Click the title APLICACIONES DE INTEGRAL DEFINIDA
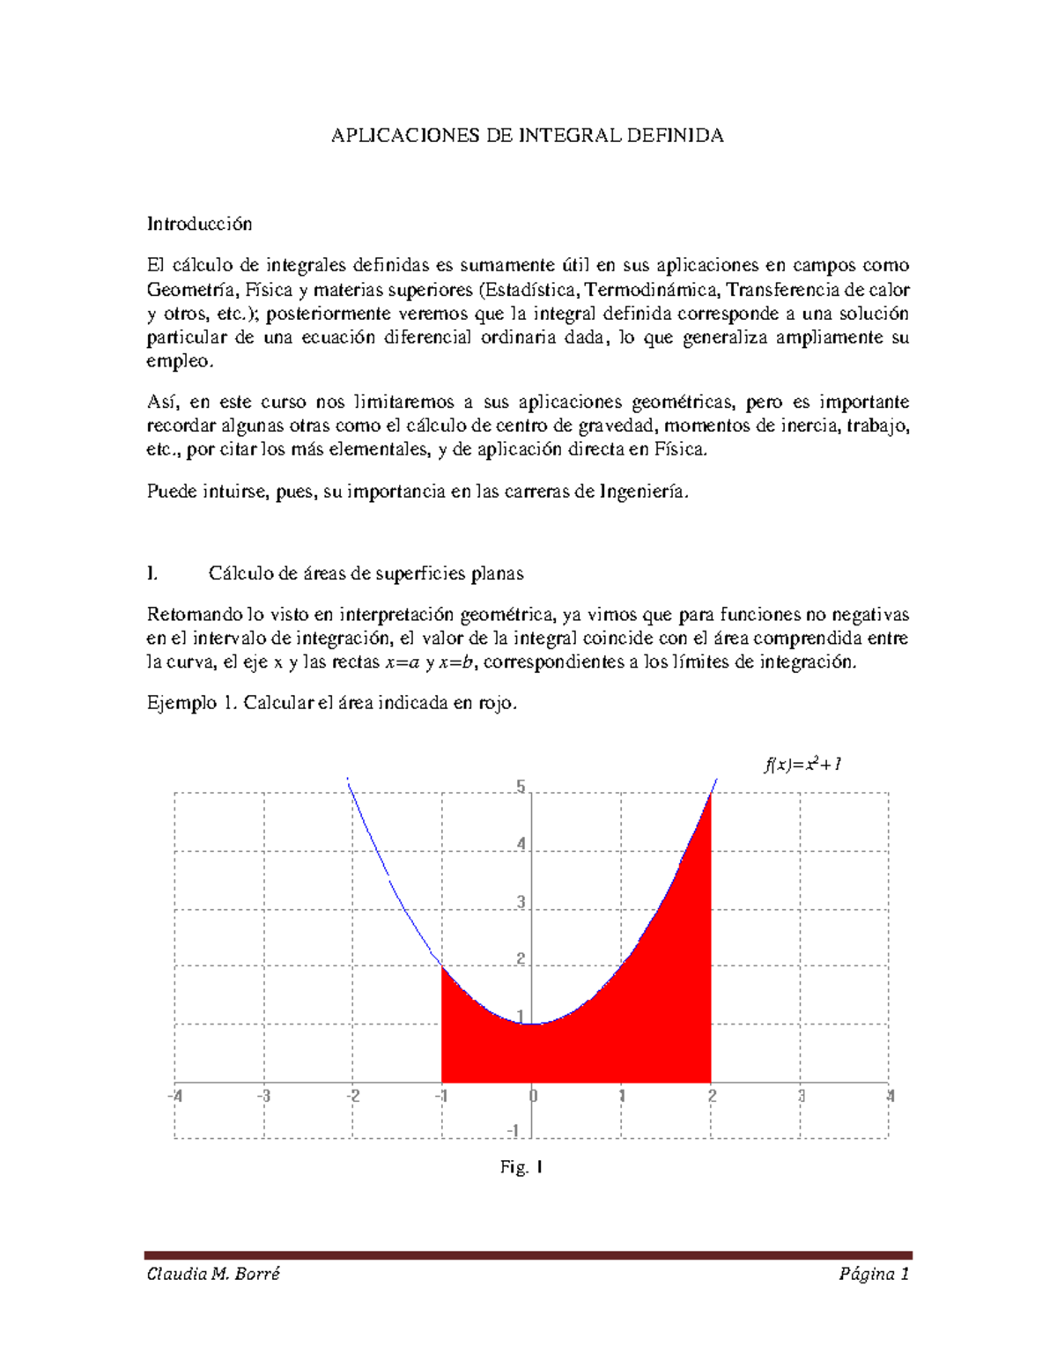[x=527, y=136]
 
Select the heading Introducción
[x=199, y=224]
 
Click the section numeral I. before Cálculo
[x=152, y=573]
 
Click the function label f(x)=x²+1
[x=802, y=765]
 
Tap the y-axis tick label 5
[x=521, y=787]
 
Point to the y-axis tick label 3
[x=521, y=902]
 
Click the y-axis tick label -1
[x=514, y=1130]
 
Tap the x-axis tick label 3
[x=801, y=1097]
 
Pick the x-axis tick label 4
[x=890, y=1097]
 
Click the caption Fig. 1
[x=521, y=1167]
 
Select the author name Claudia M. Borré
[x=212, y=1274]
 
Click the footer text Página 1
[x=874, y=1274]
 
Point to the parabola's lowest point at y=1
[x=532, y=1024]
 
